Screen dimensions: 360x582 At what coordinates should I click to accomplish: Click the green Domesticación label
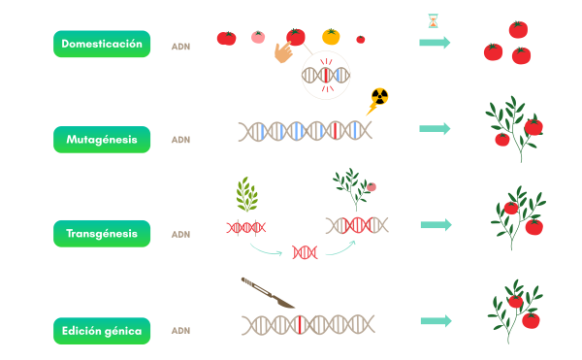click(102, 44)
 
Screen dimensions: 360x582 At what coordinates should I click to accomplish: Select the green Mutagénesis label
click(102, 139)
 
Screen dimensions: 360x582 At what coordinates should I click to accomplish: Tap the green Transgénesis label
click(102, 234)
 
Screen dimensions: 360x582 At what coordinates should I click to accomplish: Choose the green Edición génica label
click(102, 331)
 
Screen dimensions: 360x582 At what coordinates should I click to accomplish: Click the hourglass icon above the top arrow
click(433, 20)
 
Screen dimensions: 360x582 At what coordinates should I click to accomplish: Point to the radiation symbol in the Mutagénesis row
click(379, 96)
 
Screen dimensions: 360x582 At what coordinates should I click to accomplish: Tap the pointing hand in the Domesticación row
click(283, 51)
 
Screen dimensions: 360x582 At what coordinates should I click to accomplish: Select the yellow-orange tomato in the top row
click(331, 37)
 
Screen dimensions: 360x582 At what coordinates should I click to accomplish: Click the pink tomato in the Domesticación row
click(258, 37)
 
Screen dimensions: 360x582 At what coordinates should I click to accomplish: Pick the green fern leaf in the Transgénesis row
click(246, 195)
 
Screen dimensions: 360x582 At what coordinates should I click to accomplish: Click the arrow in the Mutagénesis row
click(435, 128)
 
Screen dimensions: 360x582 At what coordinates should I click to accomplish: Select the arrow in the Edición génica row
click(436, 320)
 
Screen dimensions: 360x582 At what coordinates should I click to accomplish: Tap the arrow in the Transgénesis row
click(436, 224)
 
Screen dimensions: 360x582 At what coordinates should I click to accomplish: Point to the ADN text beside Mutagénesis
click(180, 140)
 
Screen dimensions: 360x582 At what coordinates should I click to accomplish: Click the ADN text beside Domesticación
click(180, 46)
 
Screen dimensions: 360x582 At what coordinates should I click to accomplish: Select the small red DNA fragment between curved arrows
click(305, 252)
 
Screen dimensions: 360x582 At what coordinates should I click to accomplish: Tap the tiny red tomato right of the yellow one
click(361, 40)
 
